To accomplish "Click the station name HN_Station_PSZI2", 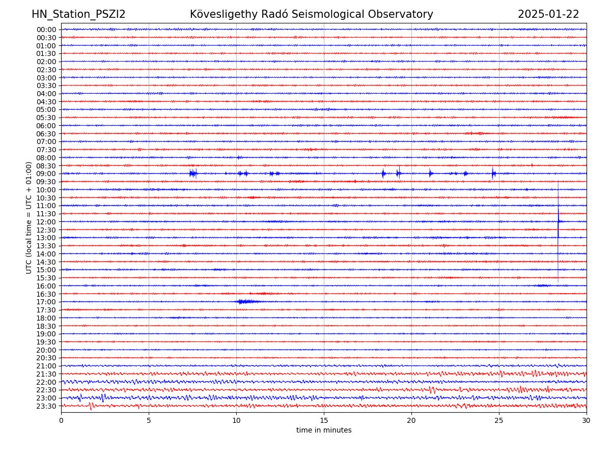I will pyautogui.click(x=78, y=14).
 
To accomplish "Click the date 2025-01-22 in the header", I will pyautogui.click(x=548, y=14).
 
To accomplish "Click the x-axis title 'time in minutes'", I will pyautogui.click(x=324, y=431).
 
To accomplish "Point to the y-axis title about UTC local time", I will pyautogui.click(x=29, y=217).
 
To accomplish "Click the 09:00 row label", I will pyautogui.click(x=46, y=174).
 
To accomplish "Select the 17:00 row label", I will pyautogui.click(x=46, y=302).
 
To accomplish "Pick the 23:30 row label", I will pyautogui.click(x=46, y=406).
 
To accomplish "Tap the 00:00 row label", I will pyautogui.click(x=46, y=30).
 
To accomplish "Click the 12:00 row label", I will pyautogui.click(x=46, y=222).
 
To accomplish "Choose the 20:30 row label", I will pyautogui.click(x=46, y=358).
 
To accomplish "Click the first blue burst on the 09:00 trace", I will pyautogui.click(x=192, y=174).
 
